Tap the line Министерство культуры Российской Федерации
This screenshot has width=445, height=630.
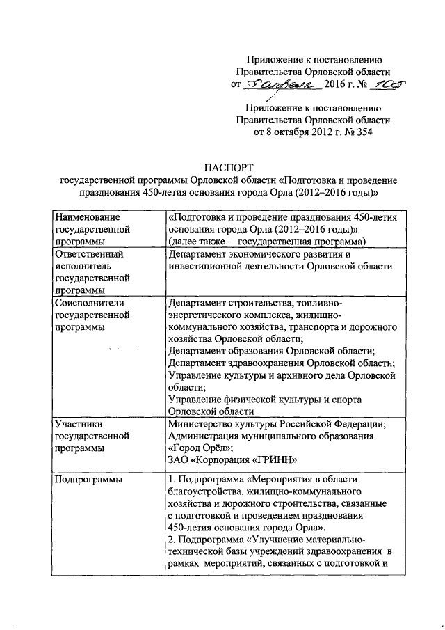coord(277,424)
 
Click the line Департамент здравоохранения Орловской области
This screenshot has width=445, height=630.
coord(282,362)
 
